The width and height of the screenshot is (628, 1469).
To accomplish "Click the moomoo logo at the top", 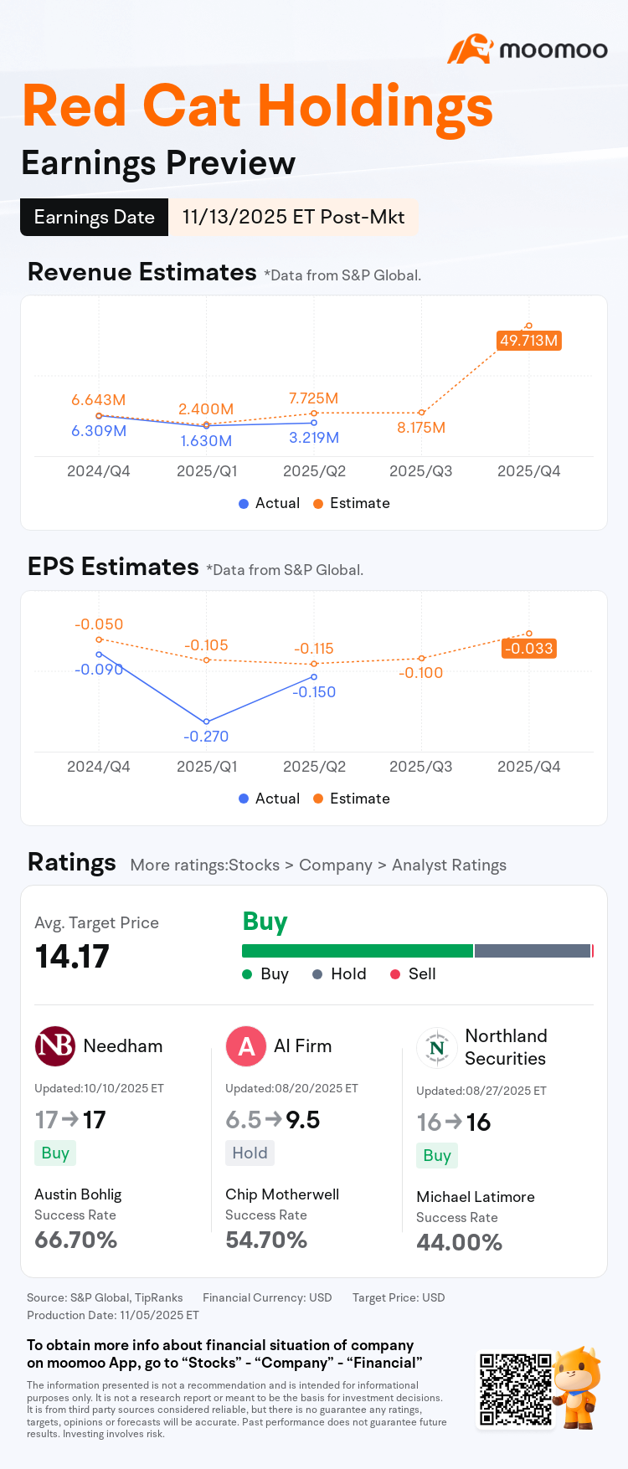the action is click(x=528, y=49).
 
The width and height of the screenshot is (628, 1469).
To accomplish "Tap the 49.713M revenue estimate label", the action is click(x=528, y=341).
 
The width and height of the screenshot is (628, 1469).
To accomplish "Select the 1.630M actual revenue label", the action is click(x=206, y=441).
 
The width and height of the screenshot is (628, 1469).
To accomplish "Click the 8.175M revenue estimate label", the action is click(x=421, y=428).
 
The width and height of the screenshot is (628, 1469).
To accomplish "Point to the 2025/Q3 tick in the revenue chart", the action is click(x=421, y=471).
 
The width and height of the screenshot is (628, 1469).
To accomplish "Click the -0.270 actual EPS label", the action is click(x=206, y=737).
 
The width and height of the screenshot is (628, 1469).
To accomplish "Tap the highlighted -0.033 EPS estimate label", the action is click(x=529, y=649).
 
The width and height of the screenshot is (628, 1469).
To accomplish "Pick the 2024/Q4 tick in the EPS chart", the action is click(x=99, y=767).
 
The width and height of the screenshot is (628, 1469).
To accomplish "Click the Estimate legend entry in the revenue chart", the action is click(x=352, y=503).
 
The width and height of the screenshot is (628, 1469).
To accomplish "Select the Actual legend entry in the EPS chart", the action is click(x=270, y=799).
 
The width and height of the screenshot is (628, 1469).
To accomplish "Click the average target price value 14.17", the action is click(x=72, y=957).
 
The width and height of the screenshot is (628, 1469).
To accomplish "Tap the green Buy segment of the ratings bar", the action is click(x=358, y=951).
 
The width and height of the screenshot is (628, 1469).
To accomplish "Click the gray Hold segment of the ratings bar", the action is click(x=533, y=951).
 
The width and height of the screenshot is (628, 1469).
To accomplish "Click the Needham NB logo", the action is click(x=55, y=1046).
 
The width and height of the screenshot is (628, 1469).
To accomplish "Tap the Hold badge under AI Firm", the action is click(x=250, y=1153).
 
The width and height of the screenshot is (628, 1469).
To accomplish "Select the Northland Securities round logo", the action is click(x=437, y=1047).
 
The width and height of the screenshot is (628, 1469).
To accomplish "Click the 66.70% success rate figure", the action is click(x=76, y=1240).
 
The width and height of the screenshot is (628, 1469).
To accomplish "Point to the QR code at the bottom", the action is click(x=515, y=1389).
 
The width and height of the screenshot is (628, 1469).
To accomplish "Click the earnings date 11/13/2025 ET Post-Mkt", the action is click(x=293, y=217).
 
